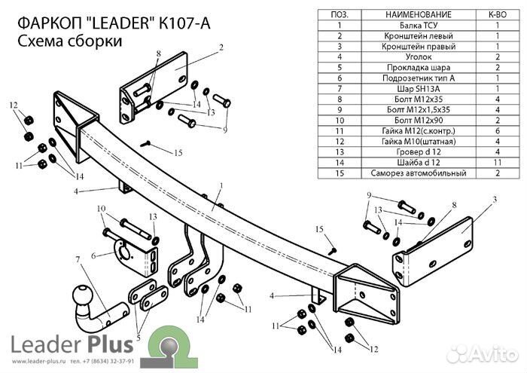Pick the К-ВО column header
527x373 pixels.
coord(498,14)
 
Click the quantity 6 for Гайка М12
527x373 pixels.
coord(498,130)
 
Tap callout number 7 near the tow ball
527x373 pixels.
coord(78,260)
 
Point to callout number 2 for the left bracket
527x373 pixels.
coord(222,47)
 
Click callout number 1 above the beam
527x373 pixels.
coord(222,185)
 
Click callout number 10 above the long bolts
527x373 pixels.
coord(100,208)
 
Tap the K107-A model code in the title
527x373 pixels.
coord(185,23)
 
